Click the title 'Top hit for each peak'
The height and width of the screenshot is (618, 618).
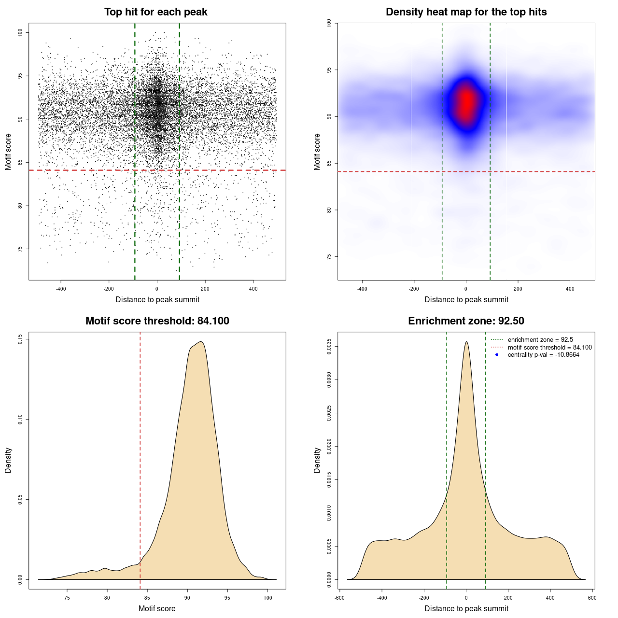click(155, 12)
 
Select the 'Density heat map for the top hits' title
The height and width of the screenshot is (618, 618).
click(466, 12)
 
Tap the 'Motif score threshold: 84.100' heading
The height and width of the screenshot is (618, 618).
click(157, 321)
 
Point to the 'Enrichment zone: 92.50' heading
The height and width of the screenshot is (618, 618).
click(466, 321)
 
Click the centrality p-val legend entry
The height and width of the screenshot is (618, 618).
click(543, 355)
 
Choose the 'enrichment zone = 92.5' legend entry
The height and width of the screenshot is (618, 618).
click(540, 340)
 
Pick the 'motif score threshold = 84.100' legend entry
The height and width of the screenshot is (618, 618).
click(549, 348)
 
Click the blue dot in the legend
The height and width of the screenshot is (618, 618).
click(497, 355)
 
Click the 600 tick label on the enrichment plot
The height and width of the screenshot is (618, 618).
click(592, 598)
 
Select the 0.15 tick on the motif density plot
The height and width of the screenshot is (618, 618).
click(20, 340)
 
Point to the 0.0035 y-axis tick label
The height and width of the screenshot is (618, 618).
click(329, 347)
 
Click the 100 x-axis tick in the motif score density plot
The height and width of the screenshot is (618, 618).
click(267, 598)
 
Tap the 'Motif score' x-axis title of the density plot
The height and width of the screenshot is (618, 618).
click(157, 609)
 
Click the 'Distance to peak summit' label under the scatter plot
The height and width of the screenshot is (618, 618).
click(157, 300)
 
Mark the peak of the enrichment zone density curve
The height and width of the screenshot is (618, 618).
click(466, 342)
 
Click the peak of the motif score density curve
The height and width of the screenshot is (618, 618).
click(201, 342)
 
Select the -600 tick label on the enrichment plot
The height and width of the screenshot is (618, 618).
click(339, 598)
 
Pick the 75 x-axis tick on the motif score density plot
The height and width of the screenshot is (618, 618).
click(67, 598)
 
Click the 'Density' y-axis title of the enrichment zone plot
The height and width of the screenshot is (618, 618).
click(317, 460)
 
